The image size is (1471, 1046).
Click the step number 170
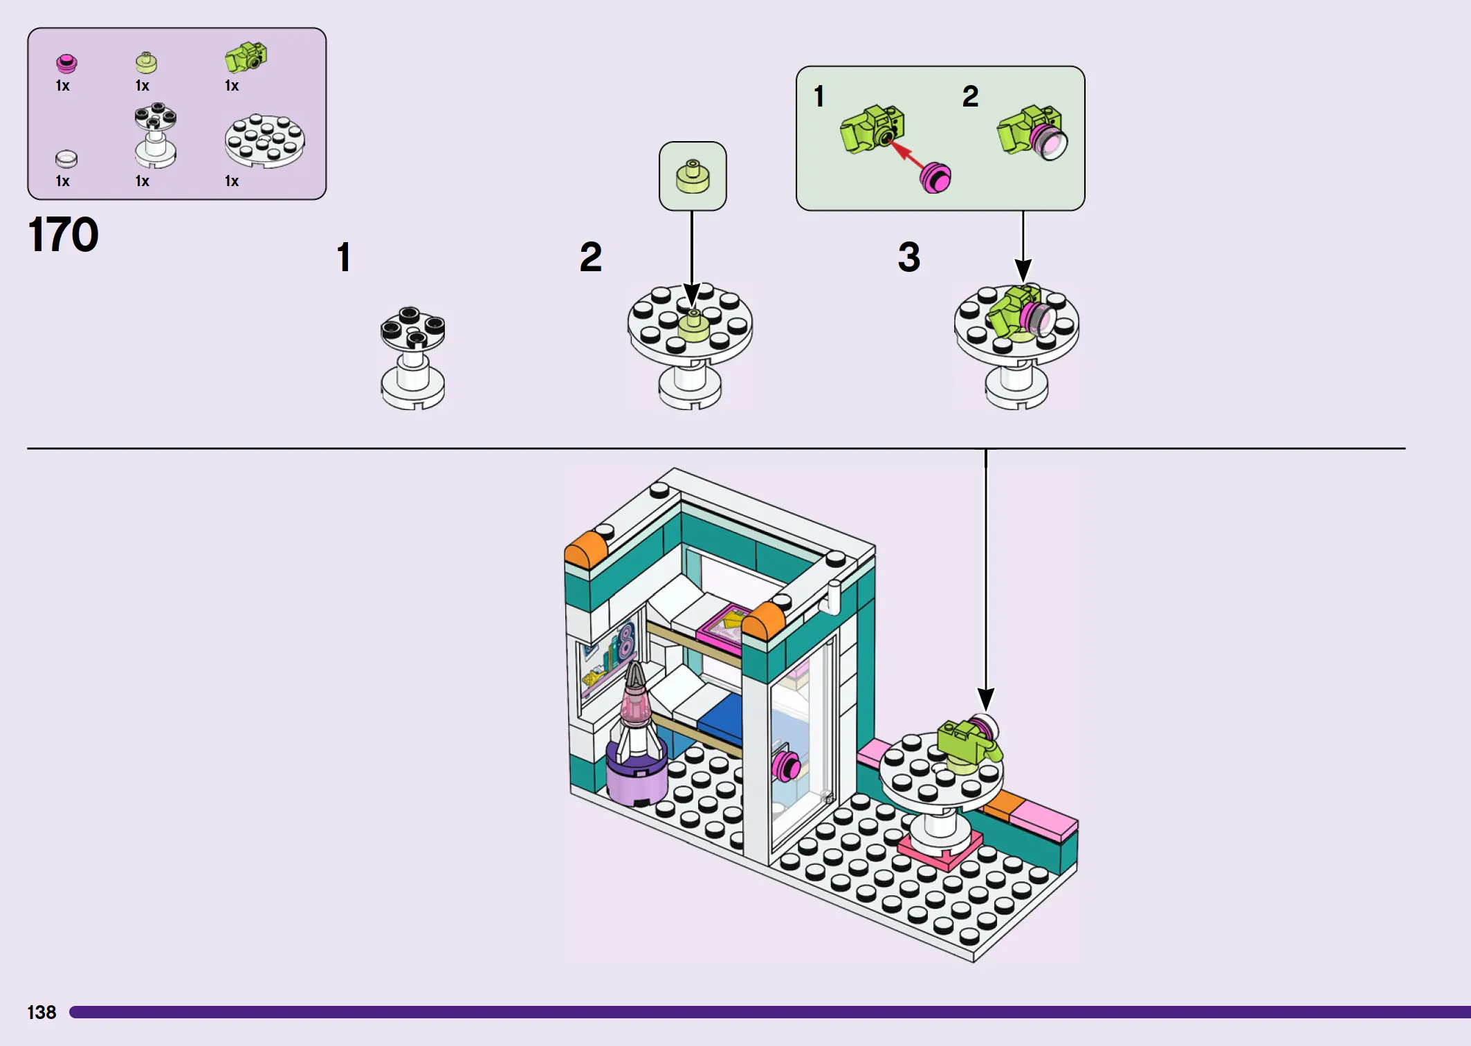(x=63, y=235)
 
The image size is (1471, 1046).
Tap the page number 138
(x=42, y=1012)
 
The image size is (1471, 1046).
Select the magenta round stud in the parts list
(x=66, y=64)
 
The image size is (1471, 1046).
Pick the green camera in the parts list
(x=246, y=57)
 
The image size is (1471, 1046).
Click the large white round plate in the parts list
(x=264, y=140)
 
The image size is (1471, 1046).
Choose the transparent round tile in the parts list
(x=66, y=159)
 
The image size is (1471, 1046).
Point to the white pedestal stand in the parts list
(x=155, y=135)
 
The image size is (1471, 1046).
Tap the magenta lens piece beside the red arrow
(x=935, y=178)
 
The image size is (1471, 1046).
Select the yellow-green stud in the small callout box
(x=693, y=176)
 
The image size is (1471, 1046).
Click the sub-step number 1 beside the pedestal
(x=343, y=257)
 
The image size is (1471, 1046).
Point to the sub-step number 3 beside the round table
(x=908, y=257)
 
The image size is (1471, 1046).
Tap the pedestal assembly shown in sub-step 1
(x=413, y=358)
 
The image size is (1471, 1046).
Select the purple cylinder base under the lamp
(x=637, y=775)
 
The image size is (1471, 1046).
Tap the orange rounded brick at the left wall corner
(x=585, y=550)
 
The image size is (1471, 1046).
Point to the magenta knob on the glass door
(x=786, y=764)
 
